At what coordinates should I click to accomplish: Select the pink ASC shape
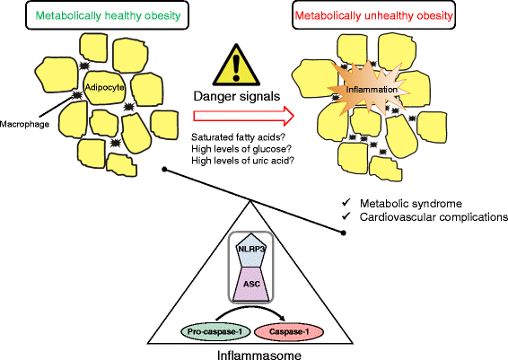tap(250, 279)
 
